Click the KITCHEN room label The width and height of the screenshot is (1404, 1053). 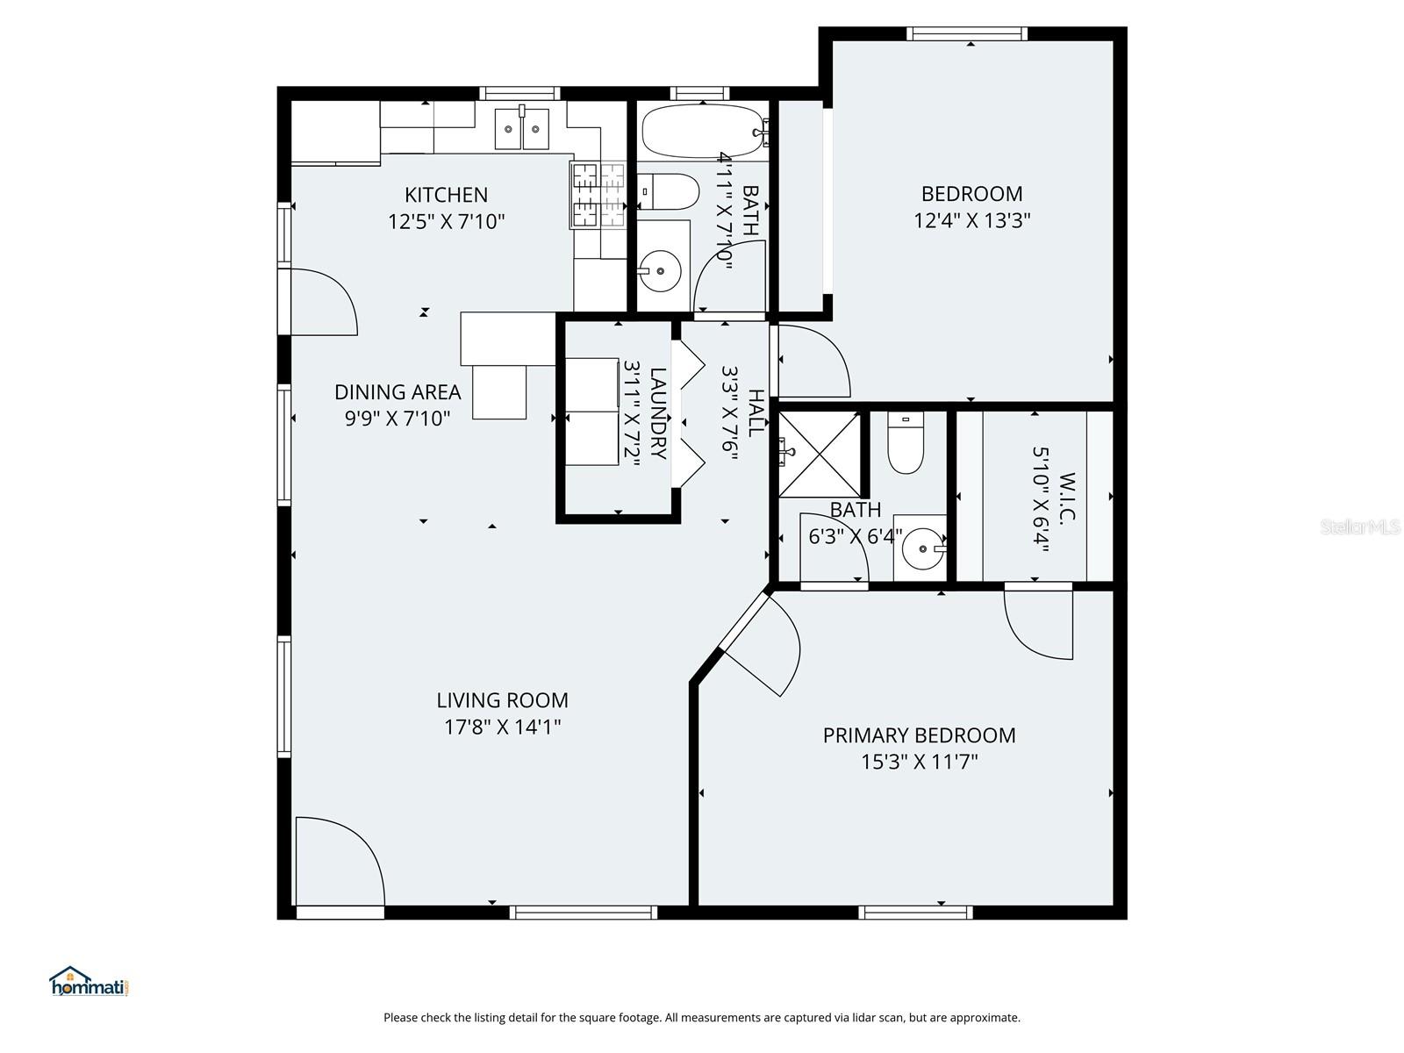pyautogui.click(x=446, y=195)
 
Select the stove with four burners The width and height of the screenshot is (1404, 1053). pyautogui.click(x=598, y=195)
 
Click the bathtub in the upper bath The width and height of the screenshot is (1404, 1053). pyautogui.click(x=702, y=132)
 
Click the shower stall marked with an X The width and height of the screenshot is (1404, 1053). pyautogui.click(x=820, y=455)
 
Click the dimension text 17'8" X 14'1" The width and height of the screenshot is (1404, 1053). pyautogui.click(x=502, y=727)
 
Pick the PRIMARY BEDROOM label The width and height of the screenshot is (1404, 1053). pyautogui.click(x=919, y=735)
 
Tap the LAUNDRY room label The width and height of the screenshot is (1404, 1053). pyautogui.click(x=658, y=412)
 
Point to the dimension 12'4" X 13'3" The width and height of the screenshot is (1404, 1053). pyautogui.click(x=971, y=220)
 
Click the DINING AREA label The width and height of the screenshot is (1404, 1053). pyautogui.click(x=398, y=392)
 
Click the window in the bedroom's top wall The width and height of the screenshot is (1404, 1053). pyautogui.click(x=966, y=34)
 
